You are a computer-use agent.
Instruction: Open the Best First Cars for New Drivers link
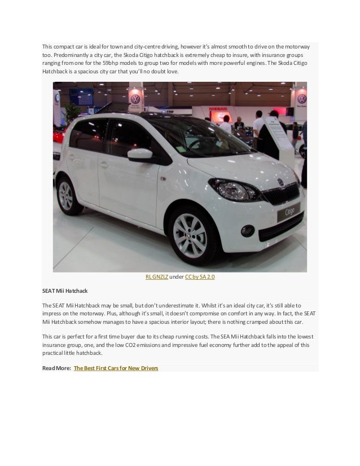tap(116, 368)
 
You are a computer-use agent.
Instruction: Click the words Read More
tap(56, 368)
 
